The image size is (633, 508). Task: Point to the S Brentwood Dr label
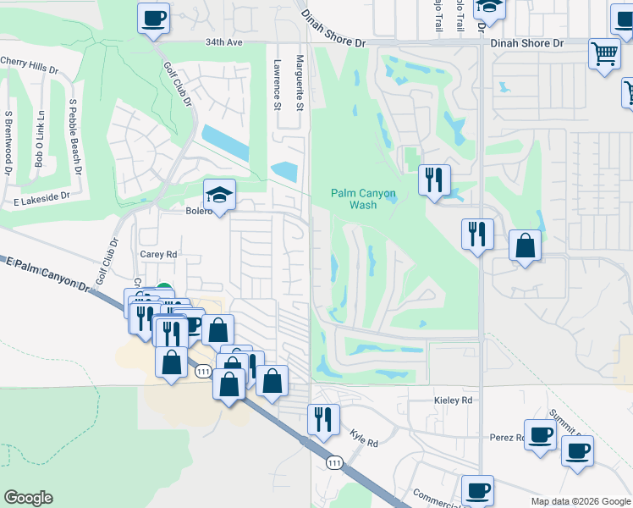coord(8,142)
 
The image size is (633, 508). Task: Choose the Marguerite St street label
coord(300,83)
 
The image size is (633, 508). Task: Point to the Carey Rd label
coord(158,253)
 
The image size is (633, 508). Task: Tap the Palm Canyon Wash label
coord(362,199)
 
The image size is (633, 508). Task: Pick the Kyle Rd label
coord(365,438)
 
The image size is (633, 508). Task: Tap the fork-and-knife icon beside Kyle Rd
coord(323,418)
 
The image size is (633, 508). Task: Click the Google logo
coord(28,498)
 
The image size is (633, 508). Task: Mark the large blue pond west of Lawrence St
coord(225,142)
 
